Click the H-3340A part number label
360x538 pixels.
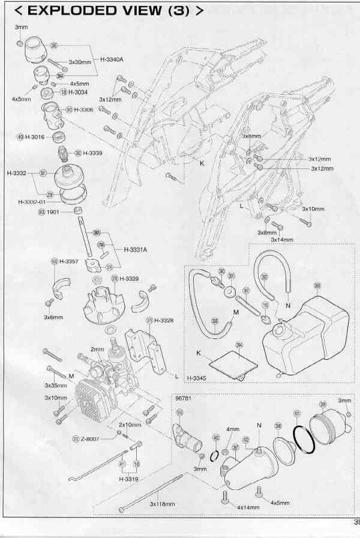click(111, 59)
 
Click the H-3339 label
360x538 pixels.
click(92, 153)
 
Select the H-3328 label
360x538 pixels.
click(164, 321)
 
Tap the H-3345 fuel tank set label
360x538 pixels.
click(196, 378)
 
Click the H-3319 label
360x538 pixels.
click(129, 479)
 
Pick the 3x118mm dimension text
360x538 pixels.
click(161, 503)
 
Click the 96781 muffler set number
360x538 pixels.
click(182, 397)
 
